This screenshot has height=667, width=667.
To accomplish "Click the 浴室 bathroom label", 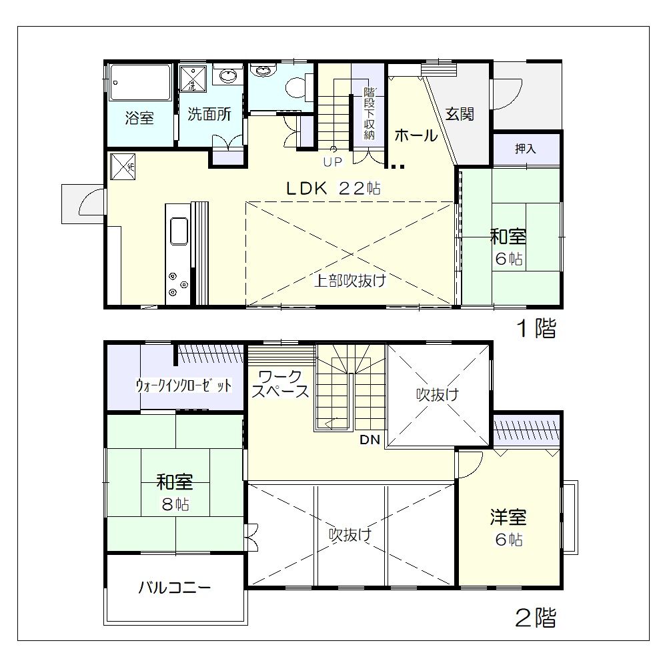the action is click(x=139, y=117).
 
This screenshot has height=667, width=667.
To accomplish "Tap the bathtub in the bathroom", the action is click(x=140, y=83).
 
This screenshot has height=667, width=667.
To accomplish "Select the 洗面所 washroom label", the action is click(x=209, y=114).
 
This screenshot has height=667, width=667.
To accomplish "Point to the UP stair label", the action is click(x=333, y=162).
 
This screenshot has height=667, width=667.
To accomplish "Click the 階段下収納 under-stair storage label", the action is click(x=369, y=113).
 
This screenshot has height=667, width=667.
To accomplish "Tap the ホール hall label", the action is click(x=416, y=135).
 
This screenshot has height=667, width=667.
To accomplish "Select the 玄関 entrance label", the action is click(x=460, y=114).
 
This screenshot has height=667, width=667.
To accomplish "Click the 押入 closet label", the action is click(x=526, y=149).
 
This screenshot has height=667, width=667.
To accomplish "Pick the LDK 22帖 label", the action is click(x=333, y=188).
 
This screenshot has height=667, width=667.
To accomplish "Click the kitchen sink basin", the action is click(x=179, y=231).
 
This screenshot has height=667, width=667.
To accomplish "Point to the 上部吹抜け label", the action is click(x=350, y=280).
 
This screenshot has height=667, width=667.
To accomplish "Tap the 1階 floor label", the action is click(x=536, y=328).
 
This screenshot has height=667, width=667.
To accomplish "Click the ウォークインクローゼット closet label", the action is click(x=184, y=386).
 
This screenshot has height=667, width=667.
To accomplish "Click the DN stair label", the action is click(x=370, y=440).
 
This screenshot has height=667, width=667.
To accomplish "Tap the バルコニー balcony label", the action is click(x=174, y=588).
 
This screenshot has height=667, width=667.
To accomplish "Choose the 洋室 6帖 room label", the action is click(x=508, y=528).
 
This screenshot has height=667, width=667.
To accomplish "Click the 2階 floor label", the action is click(x=536, y=618).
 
